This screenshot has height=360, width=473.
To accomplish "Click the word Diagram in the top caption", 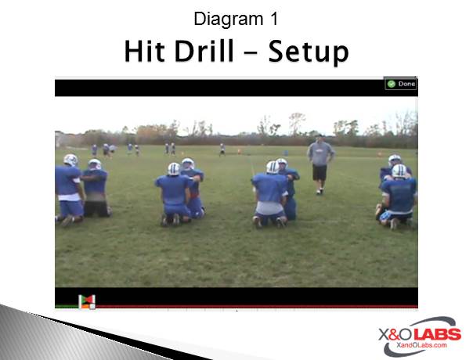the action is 229,19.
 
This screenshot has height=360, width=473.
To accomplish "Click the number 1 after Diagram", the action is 274,19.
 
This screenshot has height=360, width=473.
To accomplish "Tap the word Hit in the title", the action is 145,51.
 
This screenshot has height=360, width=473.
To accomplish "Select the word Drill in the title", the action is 204,50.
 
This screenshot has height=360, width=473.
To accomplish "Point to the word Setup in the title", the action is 309,52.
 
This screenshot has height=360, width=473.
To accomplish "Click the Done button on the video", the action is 401,84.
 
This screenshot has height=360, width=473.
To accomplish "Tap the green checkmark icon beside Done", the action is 392,84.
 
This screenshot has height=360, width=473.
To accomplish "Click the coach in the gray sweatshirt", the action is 320,164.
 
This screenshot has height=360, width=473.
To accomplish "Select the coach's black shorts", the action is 320,173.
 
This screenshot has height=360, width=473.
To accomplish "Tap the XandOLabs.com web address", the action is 421,345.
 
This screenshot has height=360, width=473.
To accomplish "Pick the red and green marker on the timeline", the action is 87,302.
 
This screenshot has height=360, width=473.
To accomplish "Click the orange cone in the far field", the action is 240,151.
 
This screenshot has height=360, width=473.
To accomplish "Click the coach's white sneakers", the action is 320,192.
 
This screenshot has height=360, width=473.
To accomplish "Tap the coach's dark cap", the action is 320,136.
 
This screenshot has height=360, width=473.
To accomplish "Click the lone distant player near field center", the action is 222,149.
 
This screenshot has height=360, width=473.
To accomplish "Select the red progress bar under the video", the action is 256,307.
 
